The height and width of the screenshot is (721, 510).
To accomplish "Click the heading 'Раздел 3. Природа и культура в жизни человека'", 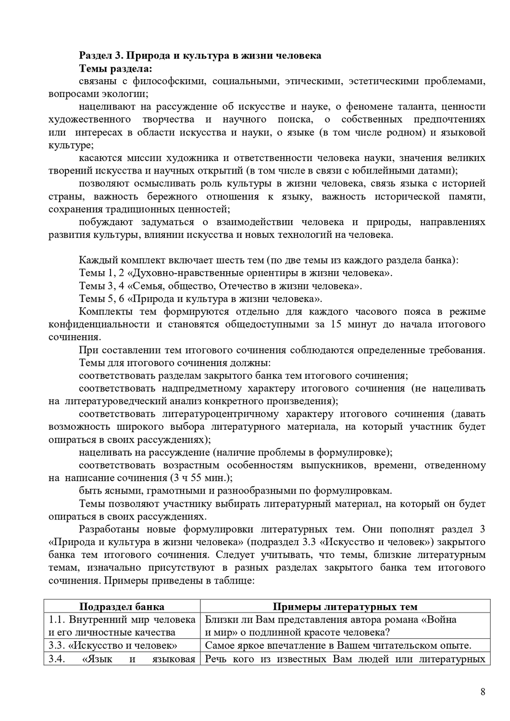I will (200, 55).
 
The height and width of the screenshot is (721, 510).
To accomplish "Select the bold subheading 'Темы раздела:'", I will (115, 68).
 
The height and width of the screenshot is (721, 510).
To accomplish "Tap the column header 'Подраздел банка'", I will (122, 607).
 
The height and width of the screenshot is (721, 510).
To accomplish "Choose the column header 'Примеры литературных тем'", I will (345, 607).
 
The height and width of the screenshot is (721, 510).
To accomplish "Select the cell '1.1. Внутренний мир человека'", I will (122, 620).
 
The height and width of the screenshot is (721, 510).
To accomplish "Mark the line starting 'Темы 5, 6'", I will (214, 299).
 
